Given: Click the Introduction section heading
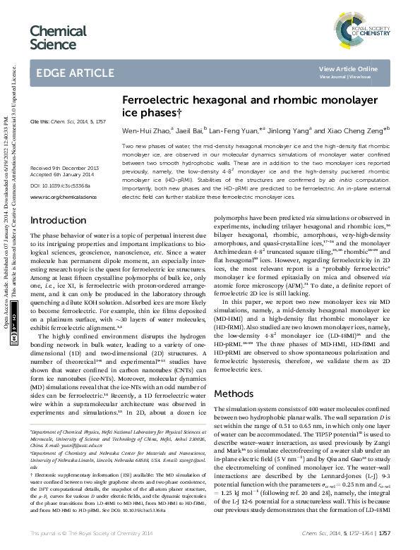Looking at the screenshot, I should point(59,201).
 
